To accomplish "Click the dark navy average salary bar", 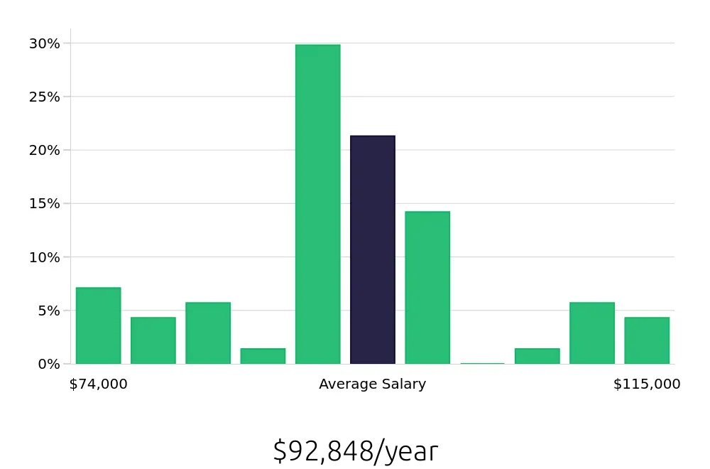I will click(x=373, y=249).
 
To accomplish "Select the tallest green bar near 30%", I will click(x=318, y=204).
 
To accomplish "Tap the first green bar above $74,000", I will click(x=98, y=325).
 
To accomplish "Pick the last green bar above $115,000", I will click(x=647, y=340).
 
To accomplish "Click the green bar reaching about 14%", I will click(x=427, y=287).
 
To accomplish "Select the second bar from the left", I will click(x=153, y=340).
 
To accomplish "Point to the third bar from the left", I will click(x=208, y=333).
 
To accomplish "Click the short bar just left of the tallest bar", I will click(x=263, y=356).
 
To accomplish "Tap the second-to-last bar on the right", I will click(x=592, y=333).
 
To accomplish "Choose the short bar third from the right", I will click(x=537, y=356).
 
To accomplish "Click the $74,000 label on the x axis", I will click(x=98, y=384).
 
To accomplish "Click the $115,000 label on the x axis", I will click(x=647, y=384).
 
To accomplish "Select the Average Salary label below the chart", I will click(x=373, y=384).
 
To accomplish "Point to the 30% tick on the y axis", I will click(x=44, y=43).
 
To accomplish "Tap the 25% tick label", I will click(x=44, y=97).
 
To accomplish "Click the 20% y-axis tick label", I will click(x=44, y=150).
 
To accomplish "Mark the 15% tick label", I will click(x=44, y=204).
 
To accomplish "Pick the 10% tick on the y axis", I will click(x=44, y=257).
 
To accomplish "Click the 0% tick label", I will click(x=48, y=364).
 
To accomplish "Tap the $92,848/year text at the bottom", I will click(x=355, y=452).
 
